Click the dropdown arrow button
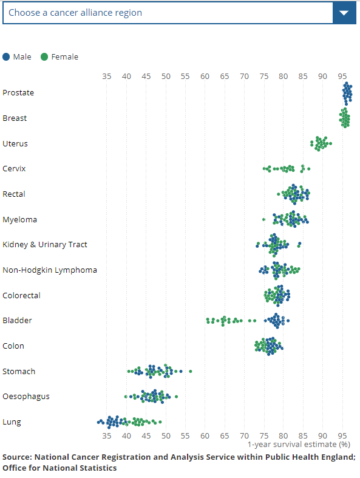coord(344,13)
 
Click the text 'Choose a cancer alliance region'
coord(75,13)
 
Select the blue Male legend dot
coord(6,57)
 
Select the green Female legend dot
coord(44,57)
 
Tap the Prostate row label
coord(18,93)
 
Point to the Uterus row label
coord(15,143)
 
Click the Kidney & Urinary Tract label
coord(45,245)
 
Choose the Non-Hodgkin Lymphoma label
coord(50,270)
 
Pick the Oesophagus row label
coord(26,397)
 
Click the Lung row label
coord(12,422)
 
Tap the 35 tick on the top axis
coord(107,77)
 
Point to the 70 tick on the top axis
coord(244,77)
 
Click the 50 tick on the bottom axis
coord(166,436)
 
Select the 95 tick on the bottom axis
coord(342,436)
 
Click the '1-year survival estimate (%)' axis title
coord(299,445)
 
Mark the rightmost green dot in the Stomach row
coord(191,371)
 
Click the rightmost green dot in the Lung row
coord(160,422)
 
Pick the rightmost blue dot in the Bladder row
coord(288,321)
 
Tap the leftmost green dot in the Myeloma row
coord(263,219)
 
